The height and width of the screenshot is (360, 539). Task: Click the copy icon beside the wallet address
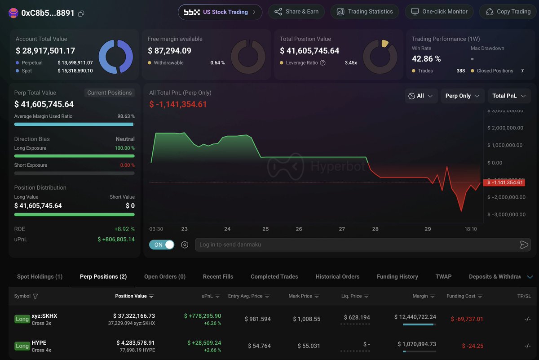tap(81, 13)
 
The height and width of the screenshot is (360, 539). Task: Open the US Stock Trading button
tap(220, 12)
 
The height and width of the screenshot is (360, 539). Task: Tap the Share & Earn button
tap(296, 12)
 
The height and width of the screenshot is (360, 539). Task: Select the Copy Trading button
tap(508, 12)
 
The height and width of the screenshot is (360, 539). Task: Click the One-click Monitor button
tap(439, 12)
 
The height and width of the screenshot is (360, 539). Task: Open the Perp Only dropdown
tap(462, 96)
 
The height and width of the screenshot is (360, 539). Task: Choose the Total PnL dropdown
tap(509, 96)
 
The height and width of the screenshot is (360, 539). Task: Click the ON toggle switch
tap(162, 244)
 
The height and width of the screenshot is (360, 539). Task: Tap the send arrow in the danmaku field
tap(524, 244)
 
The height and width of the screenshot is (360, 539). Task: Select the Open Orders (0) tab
tap(165, 276)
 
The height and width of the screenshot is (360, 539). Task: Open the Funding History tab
tap(397, 276)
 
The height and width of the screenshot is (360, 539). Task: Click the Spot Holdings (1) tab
tap(40, 276)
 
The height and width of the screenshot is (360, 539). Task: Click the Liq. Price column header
tap(355, 296)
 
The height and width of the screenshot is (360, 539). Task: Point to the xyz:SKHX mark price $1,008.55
tap(306, 319)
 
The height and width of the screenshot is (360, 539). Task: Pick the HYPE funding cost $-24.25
tap(473, 346)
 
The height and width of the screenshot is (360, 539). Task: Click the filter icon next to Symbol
tap(35, 296)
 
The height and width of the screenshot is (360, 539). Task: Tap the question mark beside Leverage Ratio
tap(323, 63)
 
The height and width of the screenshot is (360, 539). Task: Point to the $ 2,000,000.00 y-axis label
tap(505, 128)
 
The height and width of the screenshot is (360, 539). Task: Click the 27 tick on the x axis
tap(342, 229)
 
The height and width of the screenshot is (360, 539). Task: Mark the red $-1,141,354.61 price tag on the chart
tap(504, 182)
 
